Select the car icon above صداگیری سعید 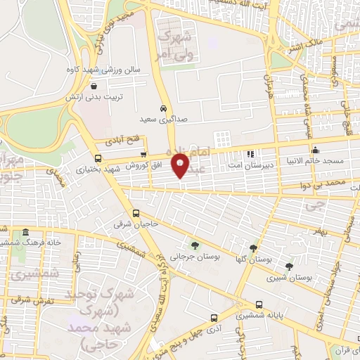tap(163, 109)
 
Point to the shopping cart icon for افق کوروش tap(143, 155)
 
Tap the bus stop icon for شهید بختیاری tap(98, 158)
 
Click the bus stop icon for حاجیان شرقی tap(136, 214)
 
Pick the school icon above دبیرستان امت tap(250, 154)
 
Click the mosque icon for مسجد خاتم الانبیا tap(316, 150)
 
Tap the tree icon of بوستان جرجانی tap(195, 245)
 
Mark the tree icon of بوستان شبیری tap(289, 266)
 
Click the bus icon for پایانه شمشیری tap(260, 305)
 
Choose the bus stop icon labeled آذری tap(214, 317)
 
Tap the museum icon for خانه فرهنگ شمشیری tap(26, 232)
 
